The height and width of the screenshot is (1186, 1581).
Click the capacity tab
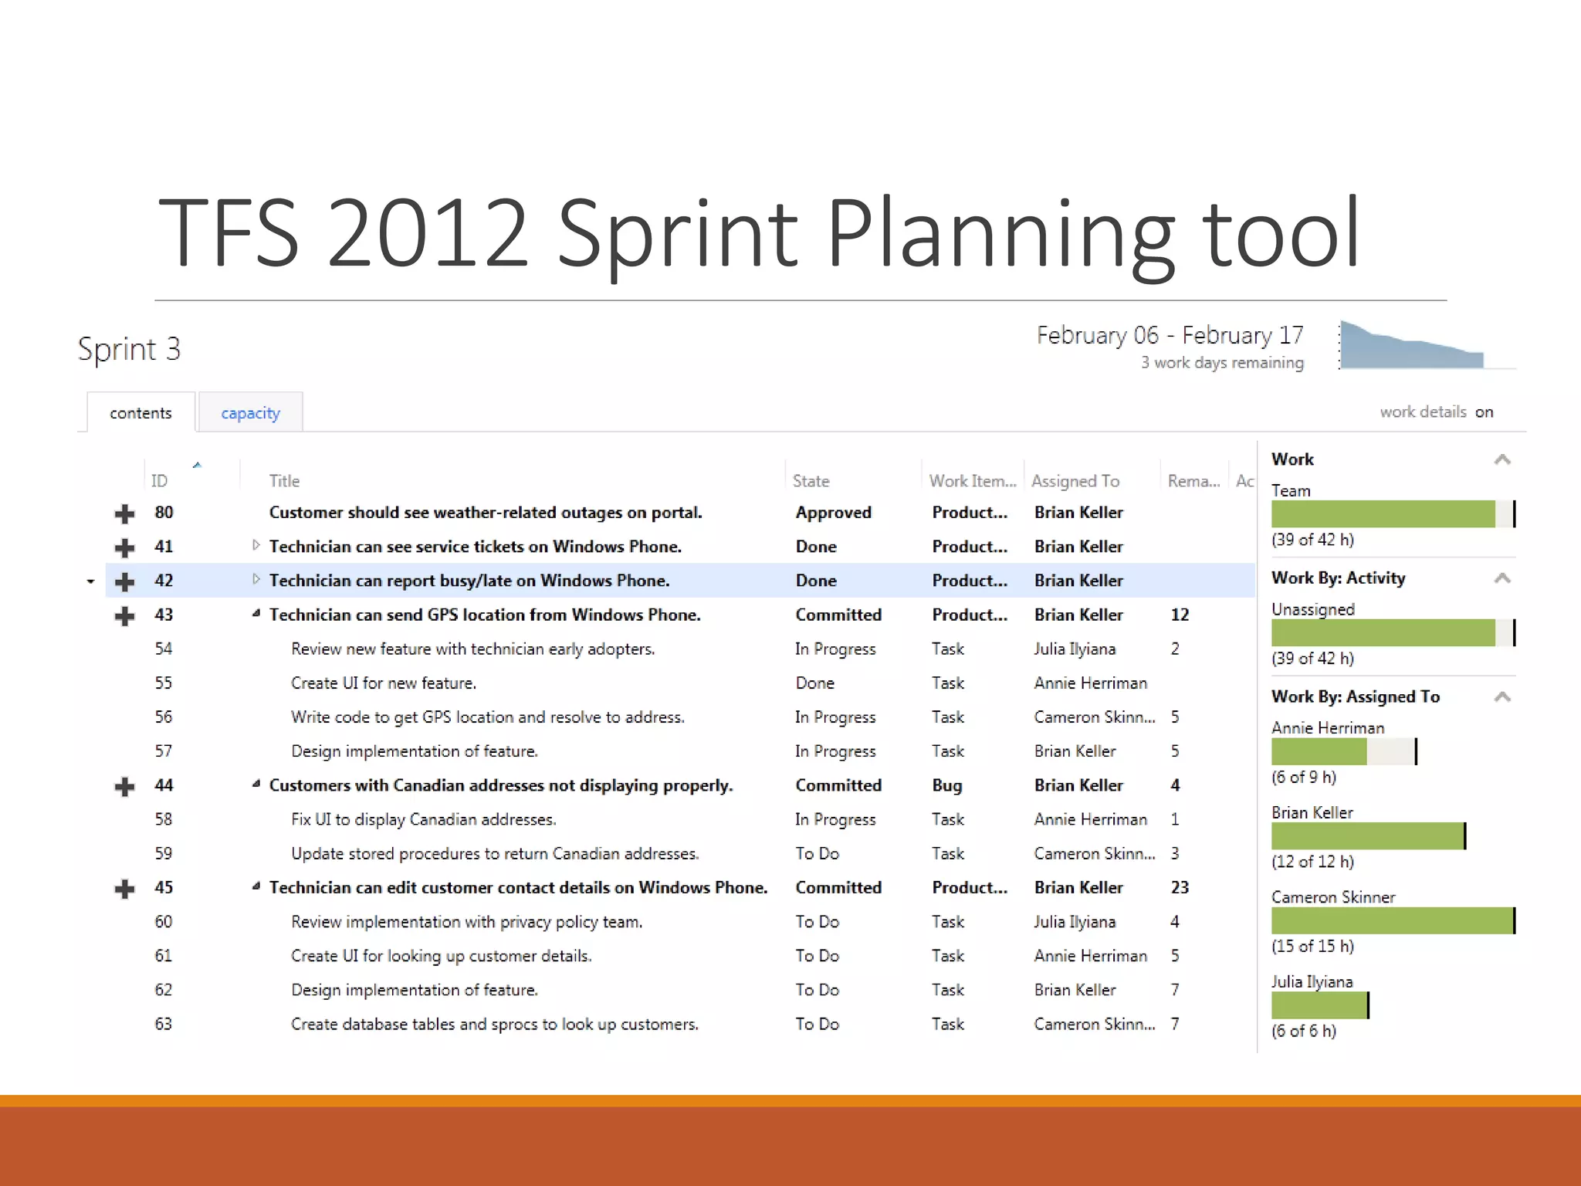click(x=250, y=413)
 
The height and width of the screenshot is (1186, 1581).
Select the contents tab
click(x=140, y=413)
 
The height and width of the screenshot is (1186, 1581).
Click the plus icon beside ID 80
click(x=124, y=513)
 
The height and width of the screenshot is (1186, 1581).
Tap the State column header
click(x=811, y=481)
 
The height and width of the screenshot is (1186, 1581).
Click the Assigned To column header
click(x=1075, y=481)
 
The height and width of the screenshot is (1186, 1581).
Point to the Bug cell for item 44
click(x=946, y=786)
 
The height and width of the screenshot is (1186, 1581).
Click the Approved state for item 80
click(x=833, y=513)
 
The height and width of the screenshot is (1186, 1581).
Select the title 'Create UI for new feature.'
click(x=383, y=683)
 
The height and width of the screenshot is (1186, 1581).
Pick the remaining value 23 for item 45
click(x=1179, y=888)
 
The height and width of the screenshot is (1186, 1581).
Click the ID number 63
click(x=163, y=1025)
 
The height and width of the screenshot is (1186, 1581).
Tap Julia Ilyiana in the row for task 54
click(x=1074, y=649)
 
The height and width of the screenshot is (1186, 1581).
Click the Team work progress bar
click(x=1392, y=514)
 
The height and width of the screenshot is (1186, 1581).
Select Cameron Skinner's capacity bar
click(x=1392, y=921)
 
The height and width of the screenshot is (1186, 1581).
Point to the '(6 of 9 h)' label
click(x=1303, y=778)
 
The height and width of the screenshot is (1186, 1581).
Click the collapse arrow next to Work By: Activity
click(x=1501, y=578)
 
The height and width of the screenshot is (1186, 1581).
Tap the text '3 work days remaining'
click(x=1221, y=363)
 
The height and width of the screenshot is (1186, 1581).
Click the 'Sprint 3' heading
click(x=129, y=350)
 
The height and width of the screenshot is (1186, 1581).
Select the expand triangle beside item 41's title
click(x=256, y=546)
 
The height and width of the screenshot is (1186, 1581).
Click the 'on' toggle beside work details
click(x=1484, y=412)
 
